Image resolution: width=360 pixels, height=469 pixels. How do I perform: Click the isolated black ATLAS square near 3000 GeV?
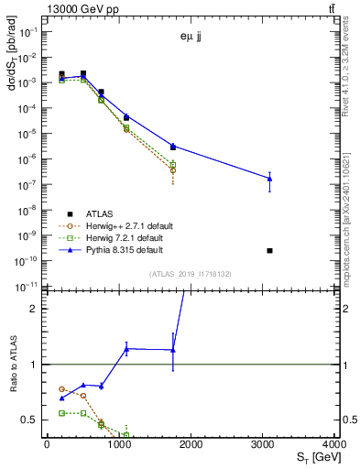coord(269,250)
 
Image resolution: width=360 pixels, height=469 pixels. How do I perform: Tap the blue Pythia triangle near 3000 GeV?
coord(269,179)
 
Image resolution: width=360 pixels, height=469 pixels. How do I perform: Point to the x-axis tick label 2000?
coord(191,443)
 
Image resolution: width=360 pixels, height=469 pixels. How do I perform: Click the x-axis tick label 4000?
coord(335,443)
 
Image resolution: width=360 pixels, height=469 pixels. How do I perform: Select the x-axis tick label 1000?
coord(118,443)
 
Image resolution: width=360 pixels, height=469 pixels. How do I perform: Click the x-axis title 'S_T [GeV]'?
coord(316,457)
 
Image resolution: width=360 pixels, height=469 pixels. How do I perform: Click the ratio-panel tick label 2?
coord(35,309)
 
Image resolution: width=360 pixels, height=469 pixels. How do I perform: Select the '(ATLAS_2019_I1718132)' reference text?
coord(191,273)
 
